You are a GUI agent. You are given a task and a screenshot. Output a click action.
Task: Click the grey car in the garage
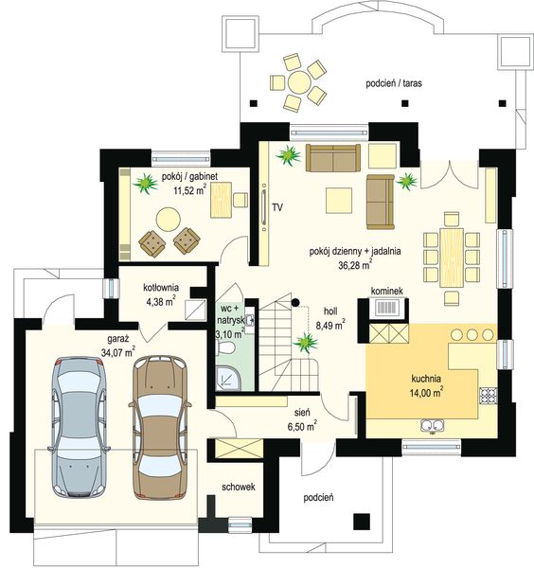79,427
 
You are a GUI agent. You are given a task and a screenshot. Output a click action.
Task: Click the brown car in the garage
160,428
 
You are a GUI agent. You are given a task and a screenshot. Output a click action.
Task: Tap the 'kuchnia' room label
426,379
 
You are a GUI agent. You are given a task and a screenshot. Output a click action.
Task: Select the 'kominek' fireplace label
386,291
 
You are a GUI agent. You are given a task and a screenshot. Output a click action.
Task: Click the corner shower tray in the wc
228,378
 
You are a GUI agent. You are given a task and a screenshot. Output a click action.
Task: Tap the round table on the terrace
299,82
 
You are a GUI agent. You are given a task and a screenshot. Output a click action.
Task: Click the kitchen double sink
433,425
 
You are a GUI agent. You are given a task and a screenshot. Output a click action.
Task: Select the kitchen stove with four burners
488,395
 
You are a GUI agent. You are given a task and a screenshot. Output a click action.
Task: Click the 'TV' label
277,207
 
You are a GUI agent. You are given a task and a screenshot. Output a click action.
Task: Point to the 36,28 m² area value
355,265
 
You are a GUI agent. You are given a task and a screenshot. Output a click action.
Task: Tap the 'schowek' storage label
239,487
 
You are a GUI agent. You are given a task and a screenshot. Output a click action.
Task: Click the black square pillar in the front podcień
362,522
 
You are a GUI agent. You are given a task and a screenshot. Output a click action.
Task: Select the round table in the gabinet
169,220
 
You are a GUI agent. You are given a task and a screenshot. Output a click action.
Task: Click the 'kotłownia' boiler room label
161,288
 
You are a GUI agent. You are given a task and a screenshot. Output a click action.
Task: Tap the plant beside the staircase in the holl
306,343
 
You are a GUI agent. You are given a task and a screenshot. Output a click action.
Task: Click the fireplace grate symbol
387,308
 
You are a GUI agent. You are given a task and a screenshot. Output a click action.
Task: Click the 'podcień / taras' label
394,83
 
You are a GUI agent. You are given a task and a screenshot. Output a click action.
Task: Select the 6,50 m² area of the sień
302,426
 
